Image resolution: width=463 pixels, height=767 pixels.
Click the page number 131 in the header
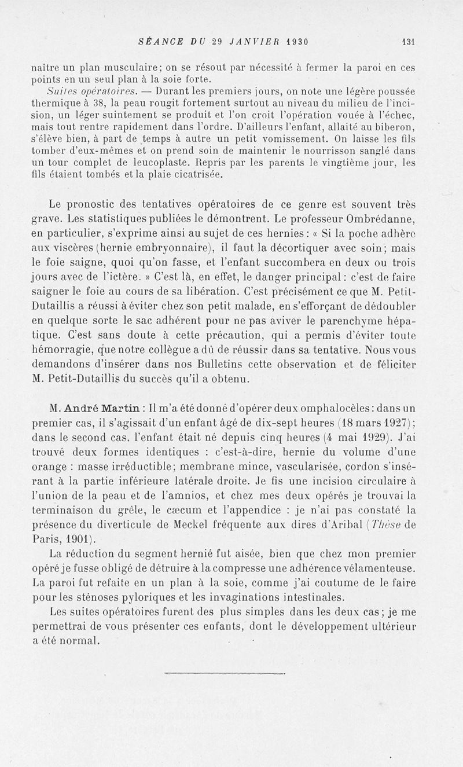[x=409, y=42]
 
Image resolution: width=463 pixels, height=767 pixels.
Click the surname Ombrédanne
[x=377, y=220]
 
